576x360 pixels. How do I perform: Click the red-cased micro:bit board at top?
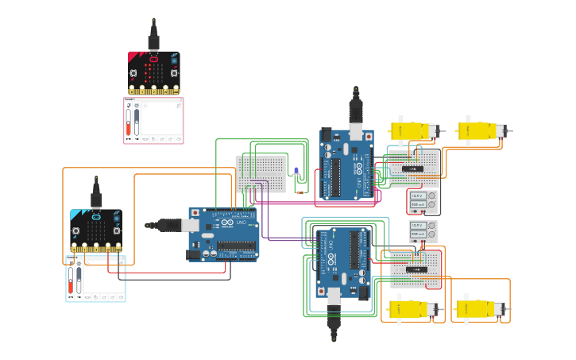pos(154,72)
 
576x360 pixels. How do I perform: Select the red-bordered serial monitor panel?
pos(153,121)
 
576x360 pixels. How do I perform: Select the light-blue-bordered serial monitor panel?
pos(95,279)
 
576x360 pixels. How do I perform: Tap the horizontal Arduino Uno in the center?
pos(223,234)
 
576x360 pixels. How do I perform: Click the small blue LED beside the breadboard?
pos(296,172)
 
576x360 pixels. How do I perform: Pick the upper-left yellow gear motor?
pos(413,130)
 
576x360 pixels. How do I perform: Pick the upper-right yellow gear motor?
pos(481,130)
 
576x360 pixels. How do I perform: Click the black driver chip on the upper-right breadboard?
pos(412,168)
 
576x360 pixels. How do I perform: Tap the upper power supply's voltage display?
pos(417,195)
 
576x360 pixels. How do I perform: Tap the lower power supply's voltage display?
pos(417,226)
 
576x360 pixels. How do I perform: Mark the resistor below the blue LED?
pos(300,192)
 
